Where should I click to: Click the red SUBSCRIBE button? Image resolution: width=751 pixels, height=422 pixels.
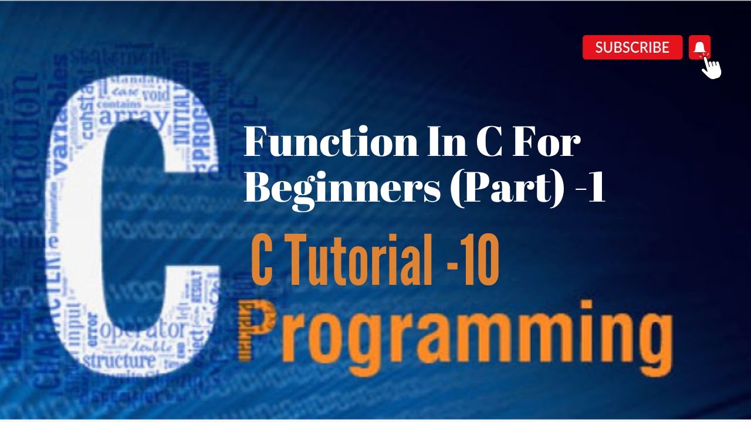click(632, 47)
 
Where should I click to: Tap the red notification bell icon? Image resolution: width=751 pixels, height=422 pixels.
click(699, 47)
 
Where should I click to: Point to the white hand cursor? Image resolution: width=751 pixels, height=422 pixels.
click(712, 66)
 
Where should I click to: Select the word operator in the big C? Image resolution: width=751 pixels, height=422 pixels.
click(143, 329)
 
